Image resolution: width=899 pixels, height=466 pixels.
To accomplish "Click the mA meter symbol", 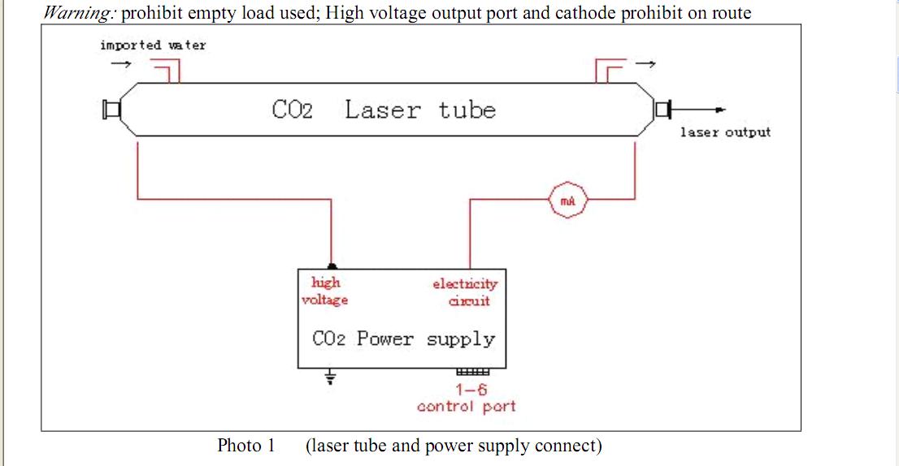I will tap(568, 200).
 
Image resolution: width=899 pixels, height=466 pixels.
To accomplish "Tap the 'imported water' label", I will tap(153, 45).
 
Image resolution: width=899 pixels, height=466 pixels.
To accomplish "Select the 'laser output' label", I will tap(725, 132).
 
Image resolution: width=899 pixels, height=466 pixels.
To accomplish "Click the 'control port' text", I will tap(466, 406).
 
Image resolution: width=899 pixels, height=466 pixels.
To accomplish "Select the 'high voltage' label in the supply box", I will tap(325, 291).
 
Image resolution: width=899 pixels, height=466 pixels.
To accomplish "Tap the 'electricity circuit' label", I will tap(465, 292).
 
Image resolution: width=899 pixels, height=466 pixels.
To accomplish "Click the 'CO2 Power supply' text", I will tap(403, 339).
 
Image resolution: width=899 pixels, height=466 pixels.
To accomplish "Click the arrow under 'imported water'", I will tap(119, 64).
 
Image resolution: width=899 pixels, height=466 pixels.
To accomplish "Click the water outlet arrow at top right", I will tap(645, 63).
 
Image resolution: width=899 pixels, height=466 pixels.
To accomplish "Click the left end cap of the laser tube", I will tap(111, 110).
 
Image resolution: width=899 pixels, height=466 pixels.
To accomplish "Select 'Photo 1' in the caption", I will tap(246, 446).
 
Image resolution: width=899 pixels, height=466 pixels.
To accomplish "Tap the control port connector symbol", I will tap(472, 373).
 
